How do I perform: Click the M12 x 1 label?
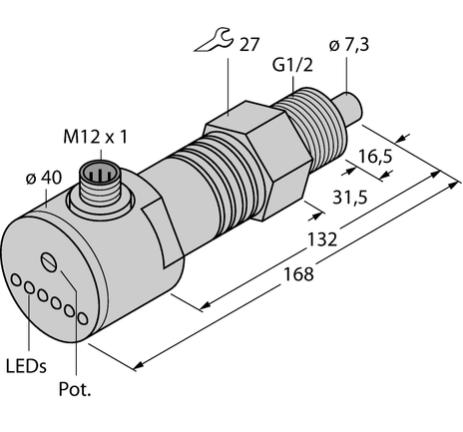(98, 137)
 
